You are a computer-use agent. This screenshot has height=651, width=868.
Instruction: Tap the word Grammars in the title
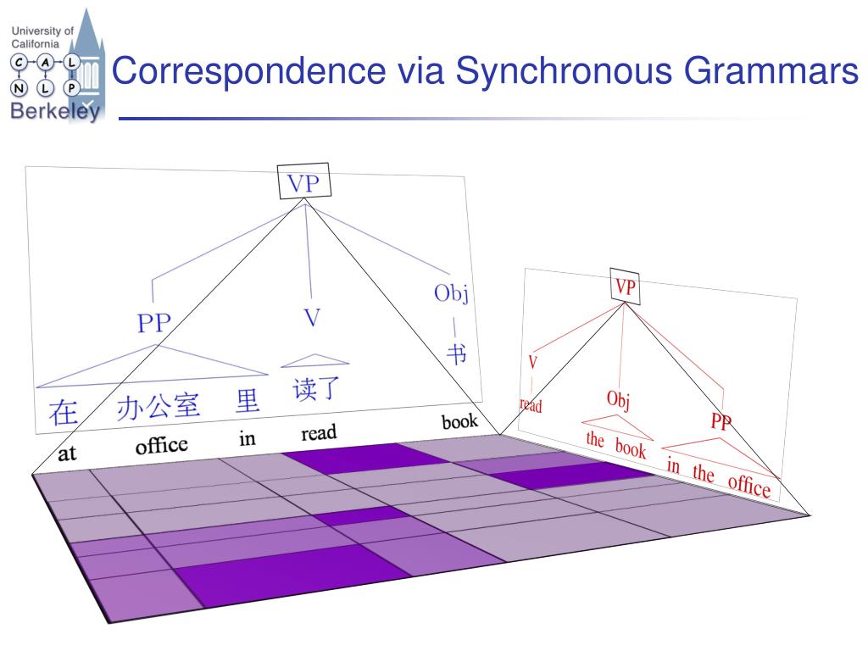(771, 71)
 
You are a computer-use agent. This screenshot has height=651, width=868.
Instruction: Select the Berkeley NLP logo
(55, 66)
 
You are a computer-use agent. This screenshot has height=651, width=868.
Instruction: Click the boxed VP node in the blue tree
(303, 183)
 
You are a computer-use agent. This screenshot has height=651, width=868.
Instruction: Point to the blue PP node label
(154, 323)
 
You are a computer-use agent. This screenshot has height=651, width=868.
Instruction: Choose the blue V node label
(312, 318)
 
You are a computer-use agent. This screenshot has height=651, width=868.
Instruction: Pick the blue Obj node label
(451, 293)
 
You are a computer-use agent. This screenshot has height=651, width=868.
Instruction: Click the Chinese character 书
(456, 353)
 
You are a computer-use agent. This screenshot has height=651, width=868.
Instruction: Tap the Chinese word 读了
(316, 389)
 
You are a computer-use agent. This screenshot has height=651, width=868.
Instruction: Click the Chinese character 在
(64, 413)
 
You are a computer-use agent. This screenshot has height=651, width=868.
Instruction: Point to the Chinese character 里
(248, 400)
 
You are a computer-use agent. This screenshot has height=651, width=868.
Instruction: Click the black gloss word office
(161, 445)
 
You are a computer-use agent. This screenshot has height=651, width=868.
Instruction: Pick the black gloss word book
(459, 421)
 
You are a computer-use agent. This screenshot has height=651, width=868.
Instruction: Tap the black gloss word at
(67, 454)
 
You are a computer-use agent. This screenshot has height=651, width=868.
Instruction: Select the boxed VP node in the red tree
(625, 287)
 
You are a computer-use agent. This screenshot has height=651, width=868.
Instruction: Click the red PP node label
(721, 422)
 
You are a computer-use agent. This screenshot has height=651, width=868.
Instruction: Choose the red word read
(531, 405)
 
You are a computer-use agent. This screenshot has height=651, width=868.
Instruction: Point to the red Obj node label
(618, 398)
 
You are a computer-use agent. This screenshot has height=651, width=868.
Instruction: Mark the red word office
(748, 484)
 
